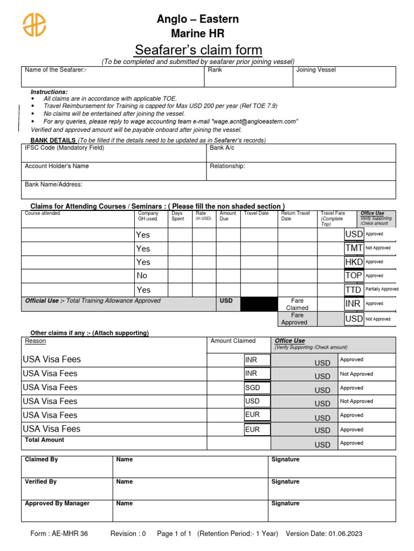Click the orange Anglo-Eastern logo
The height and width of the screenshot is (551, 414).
coord(34,25)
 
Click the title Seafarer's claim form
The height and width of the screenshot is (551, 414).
coord(198,50)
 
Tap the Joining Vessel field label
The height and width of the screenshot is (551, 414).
coord(316,70)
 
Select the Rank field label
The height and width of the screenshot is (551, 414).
coord(214,70)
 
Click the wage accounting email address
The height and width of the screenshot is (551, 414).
coord(255,122)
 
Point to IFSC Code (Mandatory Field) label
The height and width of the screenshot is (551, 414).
coord(64,147)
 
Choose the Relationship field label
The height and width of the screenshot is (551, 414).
coord(227,166)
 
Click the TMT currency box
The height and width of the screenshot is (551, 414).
coord(354,248)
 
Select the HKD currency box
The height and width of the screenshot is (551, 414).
coord(354,262)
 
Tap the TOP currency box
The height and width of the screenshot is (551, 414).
coord(354,275)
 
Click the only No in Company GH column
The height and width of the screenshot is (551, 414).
coord(142,275)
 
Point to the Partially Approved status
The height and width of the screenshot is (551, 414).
coord(382,289)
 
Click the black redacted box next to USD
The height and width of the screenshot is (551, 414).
coord(259,305)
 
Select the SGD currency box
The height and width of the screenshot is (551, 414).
coord(257,387)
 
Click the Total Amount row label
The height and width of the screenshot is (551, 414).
coord(44,440)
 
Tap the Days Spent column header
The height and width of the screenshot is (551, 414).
coord(177,216)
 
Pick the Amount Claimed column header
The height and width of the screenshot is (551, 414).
coord(233,341)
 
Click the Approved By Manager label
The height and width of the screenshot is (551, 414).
coord(57,504)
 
